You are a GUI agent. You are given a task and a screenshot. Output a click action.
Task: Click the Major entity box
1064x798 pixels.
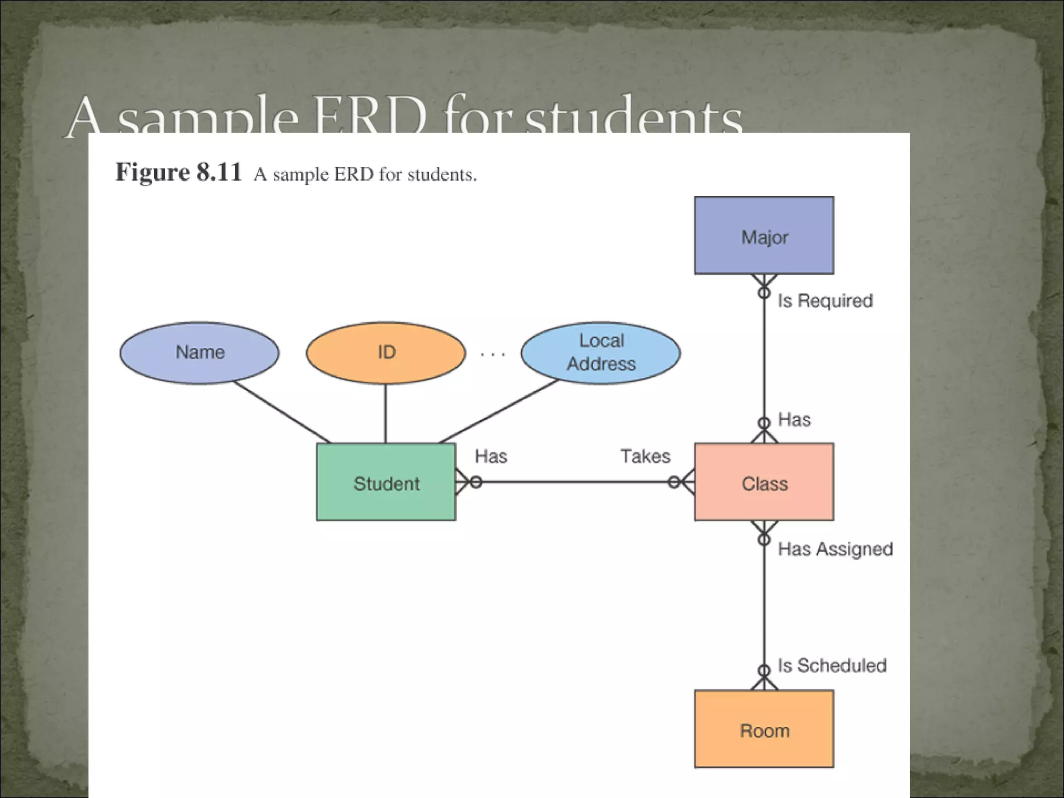click(x=764, y=235)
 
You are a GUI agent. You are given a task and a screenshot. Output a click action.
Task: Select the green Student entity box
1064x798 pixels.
click(x=386, y=482)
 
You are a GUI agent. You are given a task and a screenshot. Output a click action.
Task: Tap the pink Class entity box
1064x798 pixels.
click(x=764, y=482)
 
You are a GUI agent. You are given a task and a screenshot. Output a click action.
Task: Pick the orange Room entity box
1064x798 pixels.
click(x=764, y=729)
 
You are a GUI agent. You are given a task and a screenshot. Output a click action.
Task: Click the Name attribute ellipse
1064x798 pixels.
click(x=199, y=353)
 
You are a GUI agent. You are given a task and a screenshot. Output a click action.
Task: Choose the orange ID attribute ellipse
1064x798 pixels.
click(x=386, y=353)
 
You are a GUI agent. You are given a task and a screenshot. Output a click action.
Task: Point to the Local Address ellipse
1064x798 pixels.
click(x=601, y=353)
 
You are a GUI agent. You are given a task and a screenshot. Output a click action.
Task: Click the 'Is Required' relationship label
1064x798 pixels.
click(x=825, y=301)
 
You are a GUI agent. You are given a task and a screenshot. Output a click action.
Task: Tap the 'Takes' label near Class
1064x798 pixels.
click(x=645, y=456)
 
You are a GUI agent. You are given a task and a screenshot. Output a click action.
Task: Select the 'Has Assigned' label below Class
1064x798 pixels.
click(x=835, y=549)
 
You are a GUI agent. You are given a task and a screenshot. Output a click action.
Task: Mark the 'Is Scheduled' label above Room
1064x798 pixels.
click(x=832, y=666)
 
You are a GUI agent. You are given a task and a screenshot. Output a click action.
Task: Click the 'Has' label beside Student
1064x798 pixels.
click(x=491, y=456)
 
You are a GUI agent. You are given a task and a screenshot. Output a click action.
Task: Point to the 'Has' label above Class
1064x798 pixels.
click(x=794, y=420)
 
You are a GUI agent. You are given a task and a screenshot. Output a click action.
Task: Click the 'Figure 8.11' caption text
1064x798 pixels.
click(x=179, y=172)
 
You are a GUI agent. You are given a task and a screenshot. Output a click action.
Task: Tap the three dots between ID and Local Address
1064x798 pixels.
click(x=493, y=355)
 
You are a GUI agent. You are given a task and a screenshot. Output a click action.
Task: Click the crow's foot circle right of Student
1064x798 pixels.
click(x=476, y=483)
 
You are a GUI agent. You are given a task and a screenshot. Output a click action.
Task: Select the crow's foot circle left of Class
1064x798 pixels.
click(x=674, y=483)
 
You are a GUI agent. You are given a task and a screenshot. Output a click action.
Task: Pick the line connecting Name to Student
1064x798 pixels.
click(x=282, y=413)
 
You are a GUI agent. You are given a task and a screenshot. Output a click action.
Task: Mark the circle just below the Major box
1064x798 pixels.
click(x=764, y=293)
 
